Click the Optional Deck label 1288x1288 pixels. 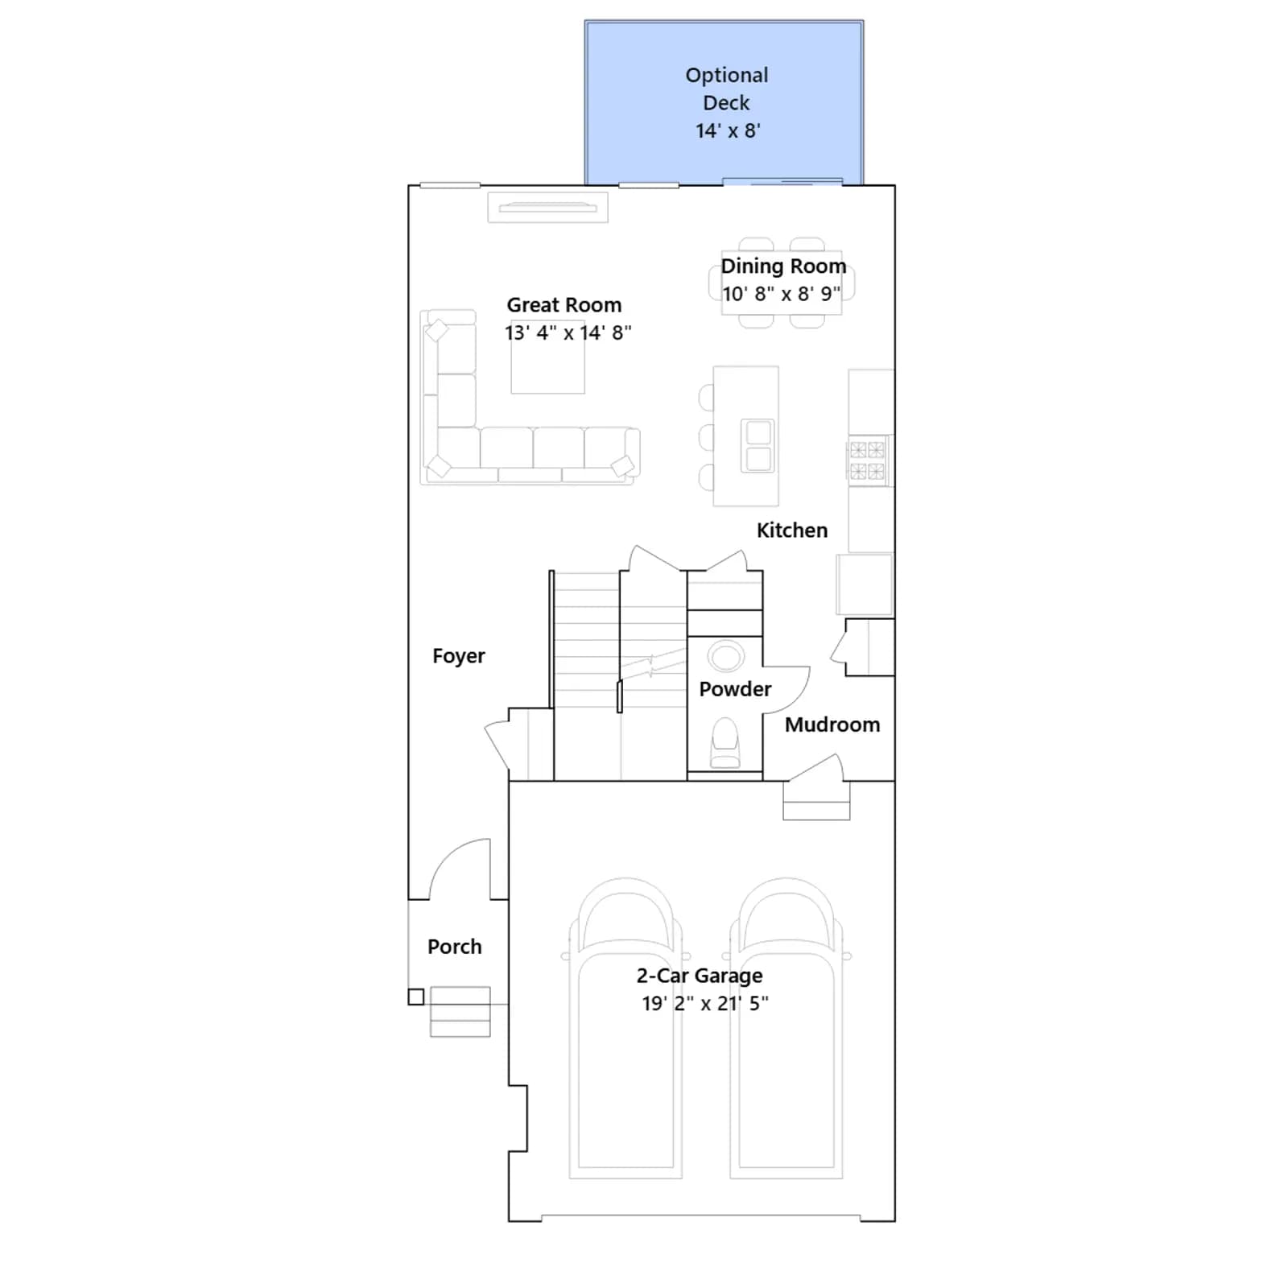[x=727, y=89]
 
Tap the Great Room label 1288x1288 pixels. [x=564, y=305]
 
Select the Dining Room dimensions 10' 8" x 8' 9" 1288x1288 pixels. [x=781, y=294]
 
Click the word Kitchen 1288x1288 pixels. [x=792, y=530]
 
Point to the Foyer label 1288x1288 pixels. [x=459, y=656]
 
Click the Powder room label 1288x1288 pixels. [x=735, y=689]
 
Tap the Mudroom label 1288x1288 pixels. [x=832, y=724]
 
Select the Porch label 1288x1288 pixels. [x=455, y=947]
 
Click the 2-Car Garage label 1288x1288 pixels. [x=700, y=976]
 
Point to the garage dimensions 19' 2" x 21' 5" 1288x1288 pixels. [x=705, y=1004]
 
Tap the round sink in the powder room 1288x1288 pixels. [x=726, y=656]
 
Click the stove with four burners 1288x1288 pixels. [x=868, y=460]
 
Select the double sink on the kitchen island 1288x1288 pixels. [x=758, y=445]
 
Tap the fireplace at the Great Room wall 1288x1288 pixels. [x=547, y=208]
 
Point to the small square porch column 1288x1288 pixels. [x=416, y=997]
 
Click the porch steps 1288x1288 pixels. [x=460, y=1012]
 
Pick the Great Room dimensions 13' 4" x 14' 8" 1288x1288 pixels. [x=568, y=333]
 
